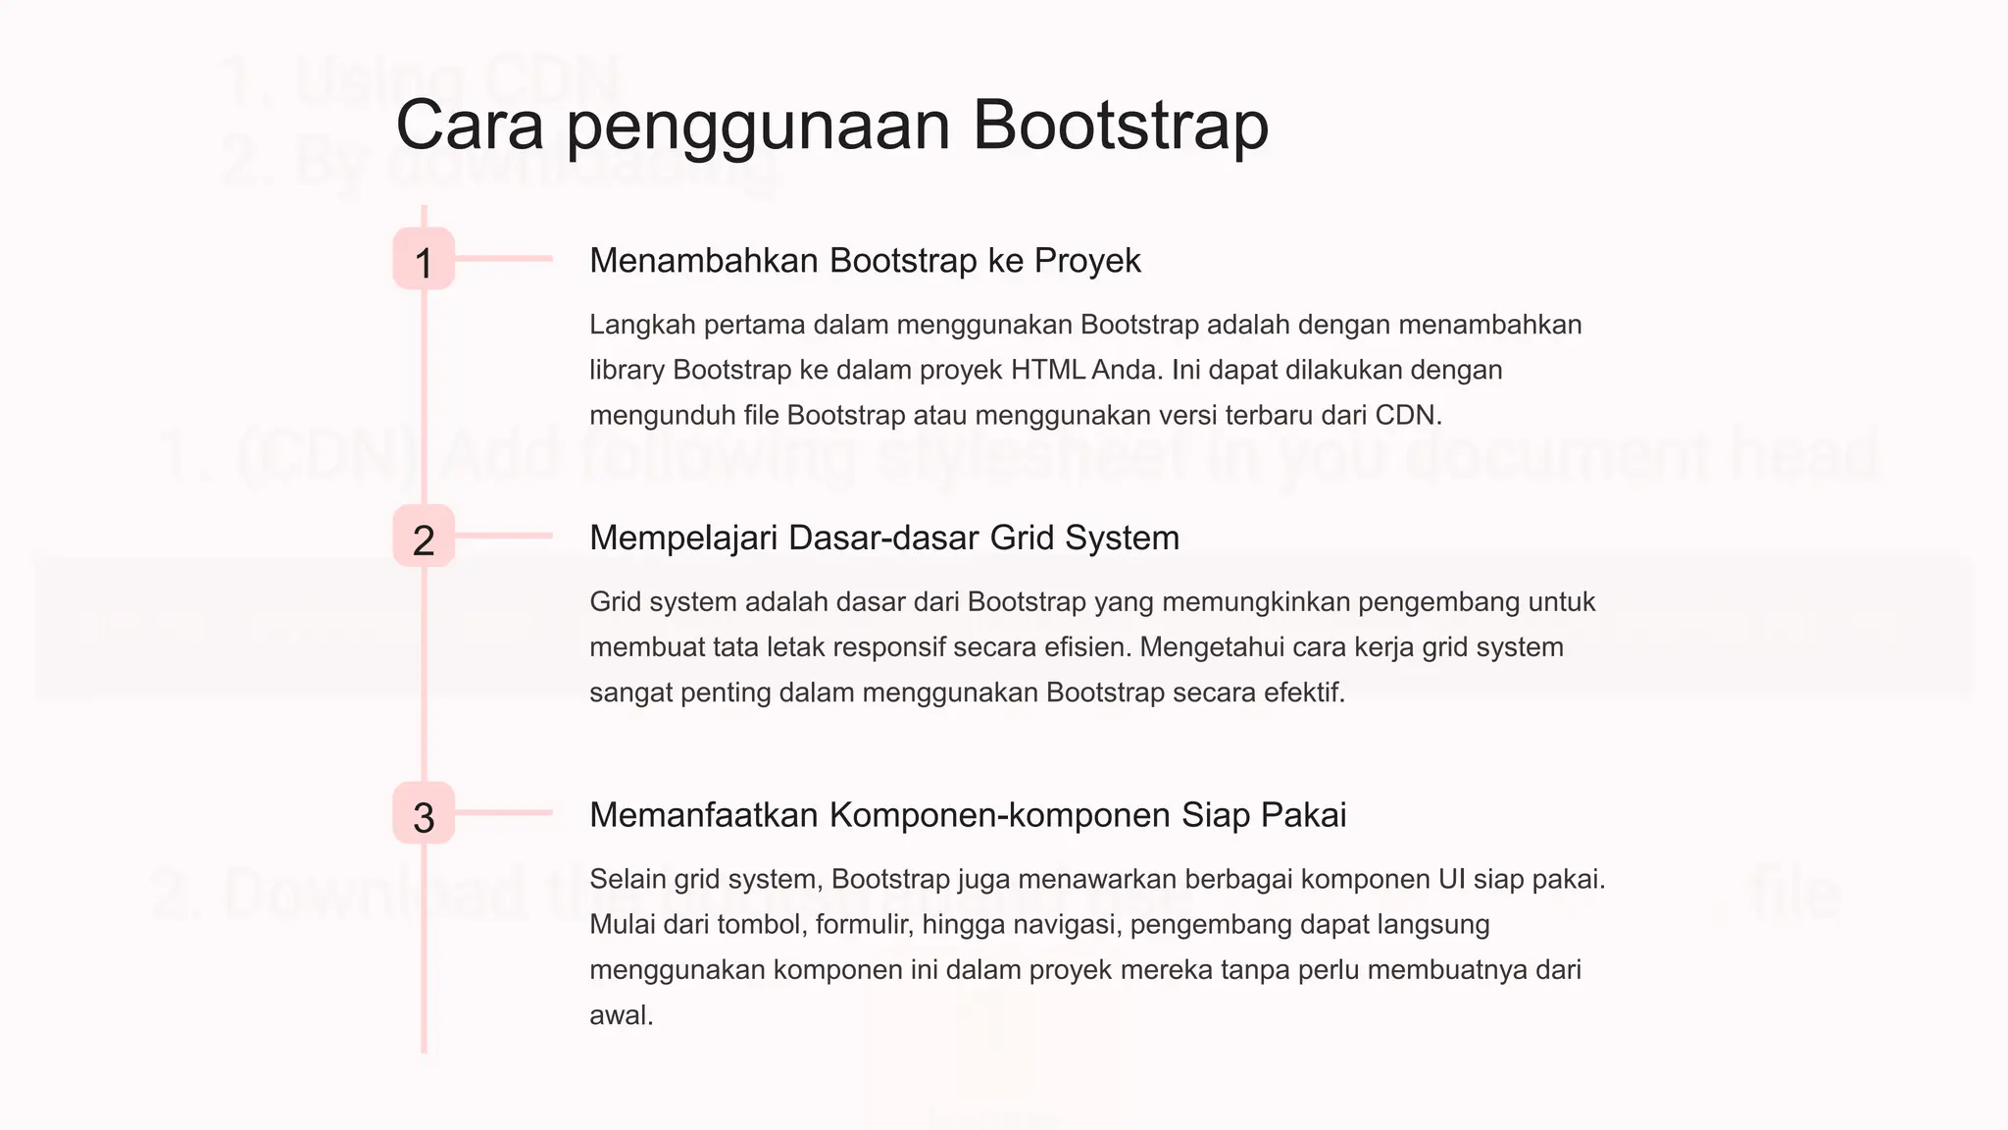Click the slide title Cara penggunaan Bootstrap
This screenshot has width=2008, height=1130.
(x=831, y=126)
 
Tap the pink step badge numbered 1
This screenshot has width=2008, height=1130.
(x=424, y=260)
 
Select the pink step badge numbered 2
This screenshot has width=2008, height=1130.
(x=424, y=537)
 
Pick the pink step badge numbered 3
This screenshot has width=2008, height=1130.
(x=424, y=813)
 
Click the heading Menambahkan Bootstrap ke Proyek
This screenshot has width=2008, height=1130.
(x=865, y=261)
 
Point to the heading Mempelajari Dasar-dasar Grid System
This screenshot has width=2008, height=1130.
(x=883, y=538)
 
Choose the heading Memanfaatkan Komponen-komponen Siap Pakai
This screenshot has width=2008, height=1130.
(x=968, y=815)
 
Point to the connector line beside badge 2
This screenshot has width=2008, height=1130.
(x=503, y=536)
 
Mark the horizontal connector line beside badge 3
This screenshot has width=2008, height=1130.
(x=503, y=812)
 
